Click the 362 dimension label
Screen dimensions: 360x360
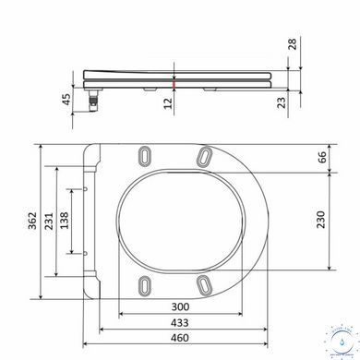[x=32, y=221]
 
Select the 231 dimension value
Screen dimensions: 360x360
[x=49, y=221]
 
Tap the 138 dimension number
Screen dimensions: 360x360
[x=65, y=221]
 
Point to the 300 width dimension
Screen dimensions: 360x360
[x=180, y=306]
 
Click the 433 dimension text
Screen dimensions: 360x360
[x=180, y=323]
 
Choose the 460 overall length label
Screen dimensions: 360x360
[x=180, y=338]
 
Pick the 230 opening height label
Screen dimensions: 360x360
[x=320, y=220]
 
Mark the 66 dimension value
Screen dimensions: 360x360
[x=321, y=157]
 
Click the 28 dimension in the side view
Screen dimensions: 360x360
[x=292, y=44]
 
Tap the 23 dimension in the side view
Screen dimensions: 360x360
[x=282, y=102]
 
